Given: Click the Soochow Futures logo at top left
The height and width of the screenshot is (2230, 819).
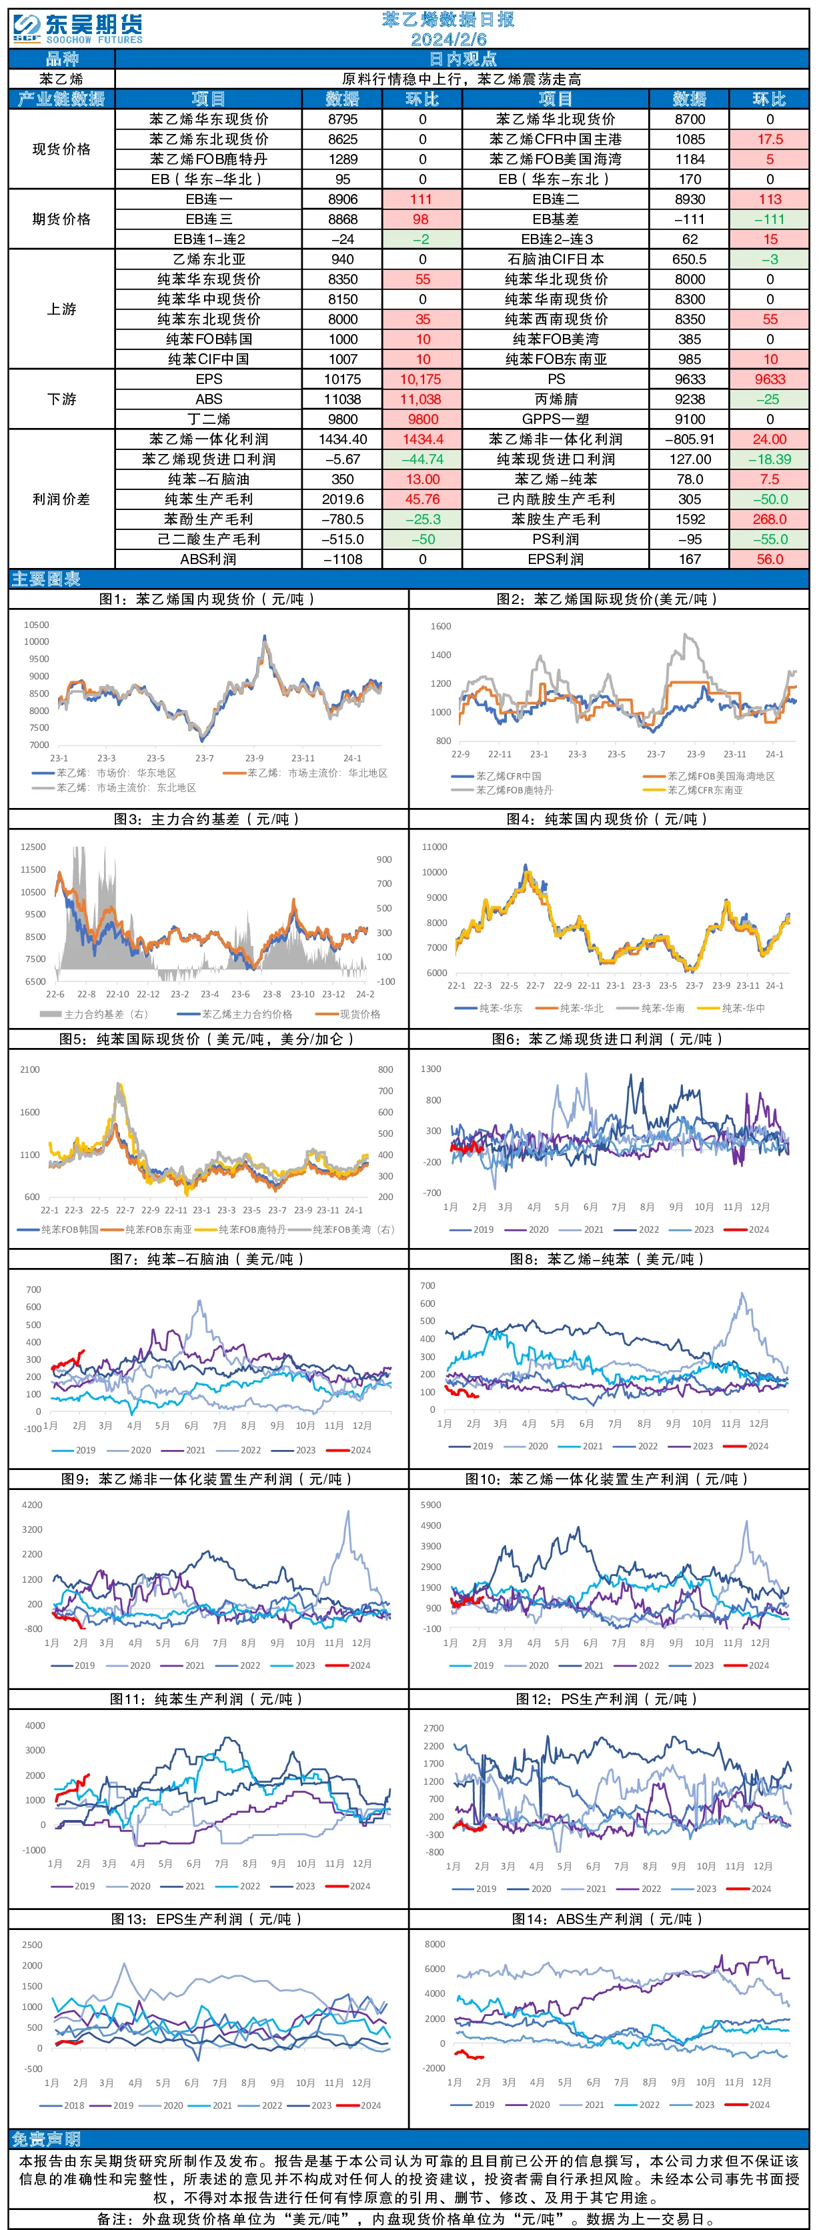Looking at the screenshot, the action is [x=78, y=28].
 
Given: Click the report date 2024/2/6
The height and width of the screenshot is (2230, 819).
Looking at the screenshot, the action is [x=448, y=39].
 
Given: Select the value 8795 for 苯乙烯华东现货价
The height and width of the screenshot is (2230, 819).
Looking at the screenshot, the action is [x=343, y=119].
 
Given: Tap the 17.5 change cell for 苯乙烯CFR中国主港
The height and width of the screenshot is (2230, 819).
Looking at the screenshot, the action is [x=770, y=139].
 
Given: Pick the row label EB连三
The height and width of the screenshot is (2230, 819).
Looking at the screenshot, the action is [x=209, y=220].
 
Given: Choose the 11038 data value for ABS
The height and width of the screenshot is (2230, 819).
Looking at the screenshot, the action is [x=343, y=400].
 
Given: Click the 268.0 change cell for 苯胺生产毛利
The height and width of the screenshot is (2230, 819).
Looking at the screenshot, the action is [x=770, y=519].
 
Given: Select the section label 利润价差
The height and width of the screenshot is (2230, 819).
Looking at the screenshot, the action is [x=61, y=499].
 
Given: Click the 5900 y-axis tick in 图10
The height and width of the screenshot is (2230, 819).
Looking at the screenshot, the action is [x=431, y=1505].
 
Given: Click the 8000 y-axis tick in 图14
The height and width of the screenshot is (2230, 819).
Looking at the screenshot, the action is [x=435, y=1944].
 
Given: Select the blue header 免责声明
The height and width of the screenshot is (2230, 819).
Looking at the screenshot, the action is [x=46, y=2140].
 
